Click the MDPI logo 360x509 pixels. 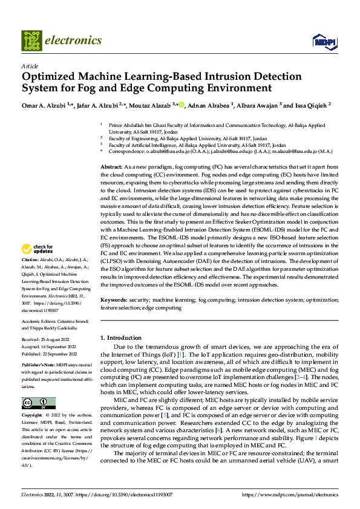[324, 41]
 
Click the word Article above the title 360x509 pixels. [30, 66]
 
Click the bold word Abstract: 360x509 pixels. [112, 166]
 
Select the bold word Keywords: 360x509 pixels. [114, 300]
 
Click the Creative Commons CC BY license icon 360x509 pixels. [38, 403]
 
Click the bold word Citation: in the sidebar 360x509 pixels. [31, 276]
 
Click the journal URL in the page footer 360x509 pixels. [290, 494]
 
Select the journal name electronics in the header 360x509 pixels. [73, 41]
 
